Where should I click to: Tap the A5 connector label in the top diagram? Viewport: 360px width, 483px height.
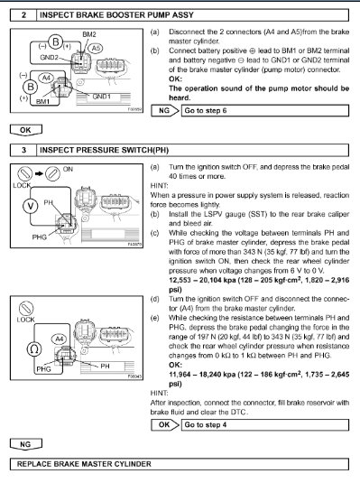point(95,53)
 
